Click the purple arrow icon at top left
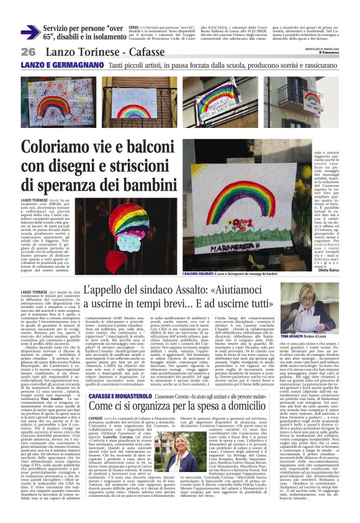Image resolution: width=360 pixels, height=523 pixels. tap(31, 32)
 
